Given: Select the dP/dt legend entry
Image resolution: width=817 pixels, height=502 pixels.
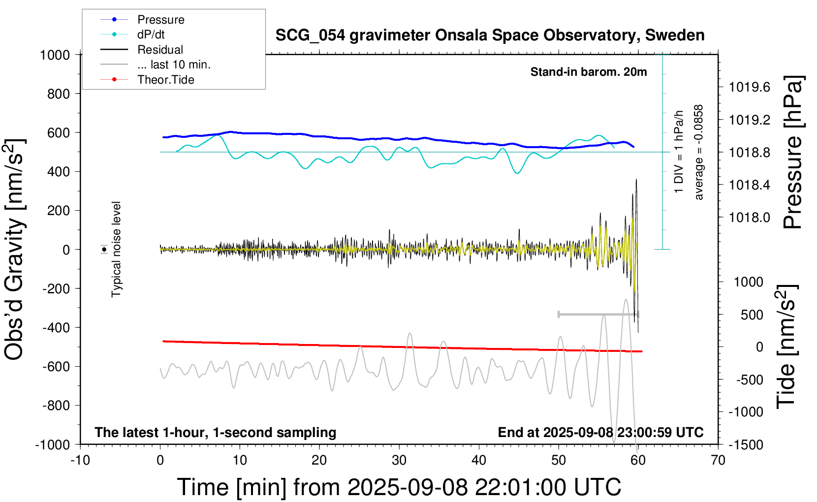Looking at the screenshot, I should click(x=151, y=34).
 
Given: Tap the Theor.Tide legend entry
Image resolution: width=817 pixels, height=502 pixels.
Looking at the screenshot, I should click(x=165, y=80).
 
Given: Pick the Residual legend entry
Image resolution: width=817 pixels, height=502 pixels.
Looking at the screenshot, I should click(x=160, y=50).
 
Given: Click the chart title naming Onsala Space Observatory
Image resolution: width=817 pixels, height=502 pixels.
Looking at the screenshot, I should click(x=490, y=35).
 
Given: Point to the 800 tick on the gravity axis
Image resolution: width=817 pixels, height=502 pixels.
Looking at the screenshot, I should click(x=59, y=94).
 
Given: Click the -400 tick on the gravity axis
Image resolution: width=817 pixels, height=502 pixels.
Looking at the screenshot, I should click(x=56, y=327).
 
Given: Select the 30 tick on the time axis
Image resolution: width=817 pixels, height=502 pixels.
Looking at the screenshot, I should click(x=399, y=460).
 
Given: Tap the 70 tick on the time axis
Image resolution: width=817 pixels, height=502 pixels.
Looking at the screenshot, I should click(x=718, y=460).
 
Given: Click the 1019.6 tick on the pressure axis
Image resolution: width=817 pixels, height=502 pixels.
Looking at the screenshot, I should click(x=750, y=87).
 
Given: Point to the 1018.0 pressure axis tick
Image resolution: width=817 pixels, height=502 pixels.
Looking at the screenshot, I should click(x=750, y=217).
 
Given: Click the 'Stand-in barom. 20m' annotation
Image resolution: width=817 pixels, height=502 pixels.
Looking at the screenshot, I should click(x=589, y=72).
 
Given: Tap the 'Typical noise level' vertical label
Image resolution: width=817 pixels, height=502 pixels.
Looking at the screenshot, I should click(x=116, y=249).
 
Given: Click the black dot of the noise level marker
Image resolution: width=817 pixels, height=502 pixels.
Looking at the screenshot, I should click(x=104, y=250).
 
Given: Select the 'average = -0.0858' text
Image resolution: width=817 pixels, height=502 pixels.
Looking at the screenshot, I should click(x=699, y=153).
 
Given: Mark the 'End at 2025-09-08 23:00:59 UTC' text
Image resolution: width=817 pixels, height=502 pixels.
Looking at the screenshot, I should click(x=600, y=432).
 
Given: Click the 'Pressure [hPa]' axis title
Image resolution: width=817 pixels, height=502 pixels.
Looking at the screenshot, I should click(x=793, y=153).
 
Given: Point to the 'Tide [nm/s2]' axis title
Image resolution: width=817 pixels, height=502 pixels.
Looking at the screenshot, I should click(x=786, y=346).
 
